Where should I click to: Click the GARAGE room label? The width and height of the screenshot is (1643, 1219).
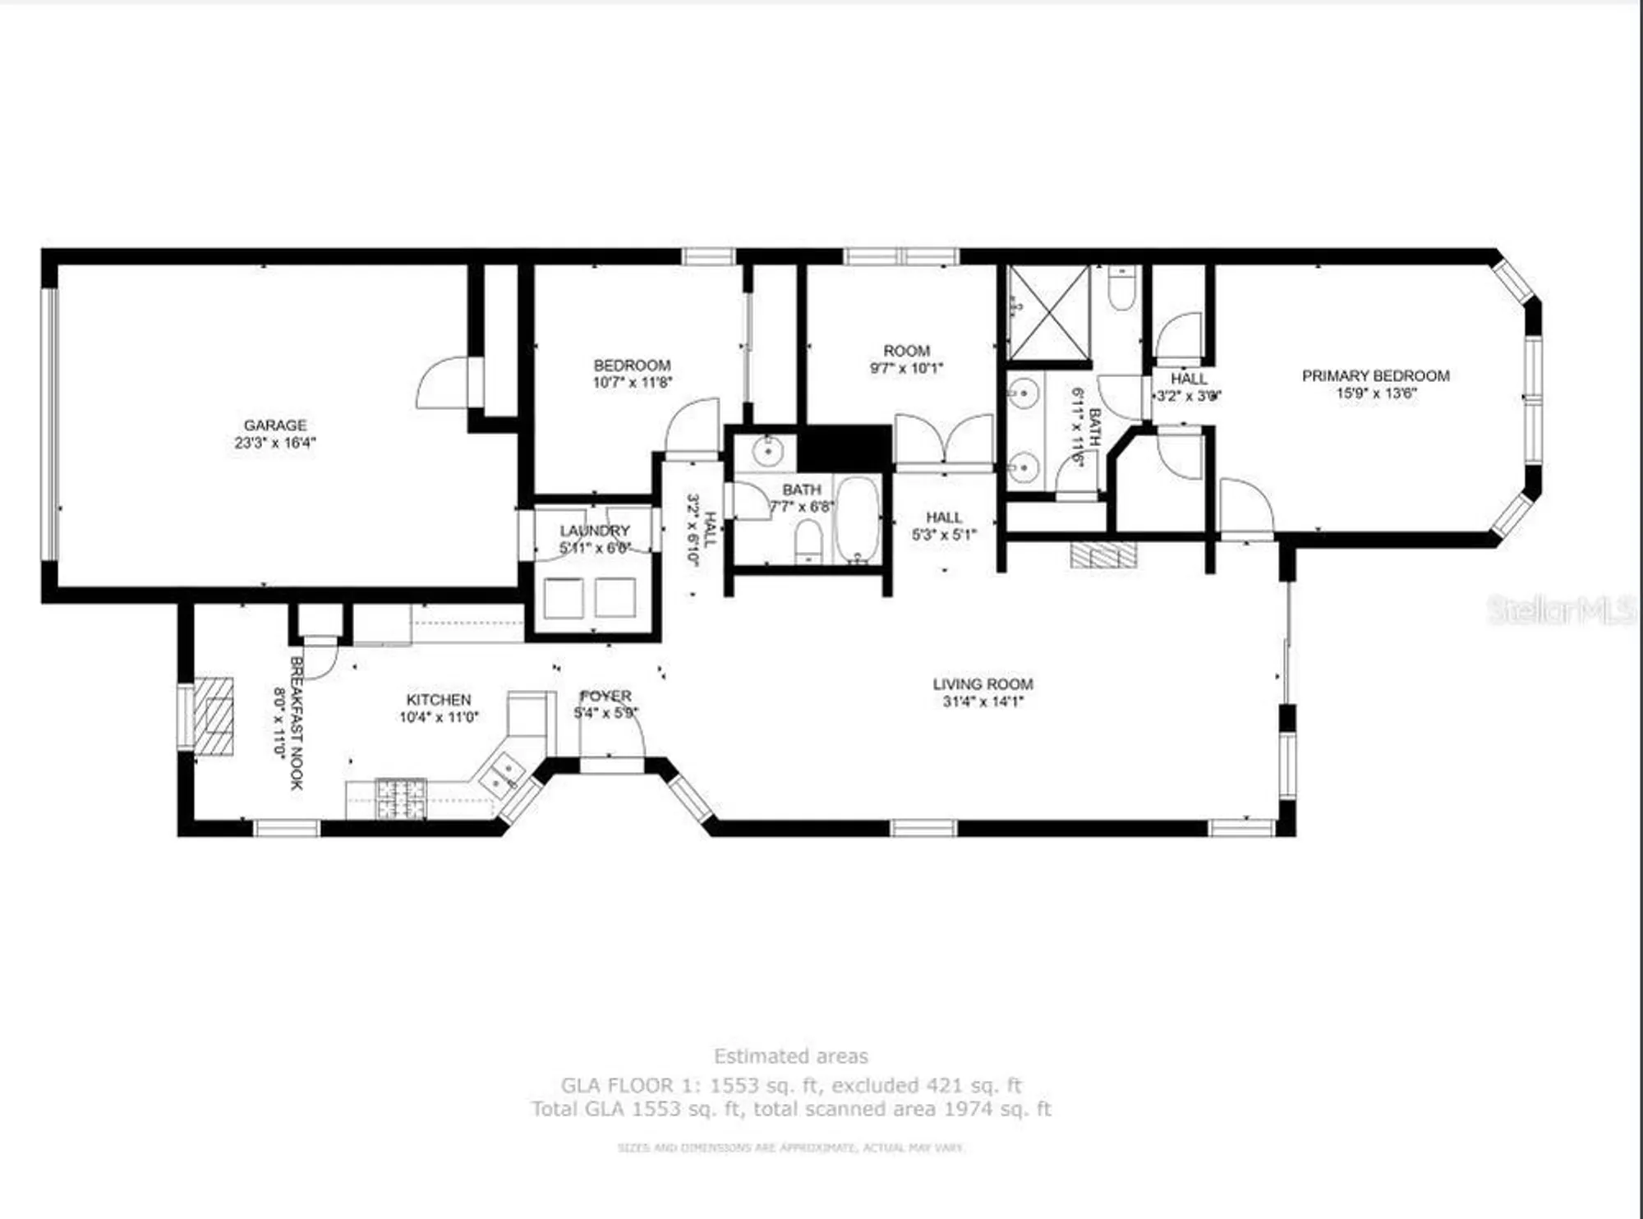click(274, 425)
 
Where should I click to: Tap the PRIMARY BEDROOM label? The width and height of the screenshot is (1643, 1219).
click(1375, 376)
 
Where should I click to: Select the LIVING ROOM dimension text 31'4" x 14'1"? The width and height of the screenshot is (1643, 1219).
click(983, 701)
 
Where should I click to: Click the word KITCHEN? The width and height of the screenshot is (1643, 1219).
click(439, 700)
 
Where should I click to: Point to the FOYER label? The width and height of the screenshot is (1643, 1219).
click(605, 696)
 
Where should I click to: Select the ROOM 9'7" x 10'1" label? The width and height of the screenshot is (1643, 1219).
click(906, 359)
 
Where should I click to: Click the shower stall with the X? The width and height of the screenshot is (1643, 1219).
click(1048, 312)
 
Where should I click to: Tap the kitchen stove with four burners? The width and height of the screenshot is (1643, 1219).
click(401, 798)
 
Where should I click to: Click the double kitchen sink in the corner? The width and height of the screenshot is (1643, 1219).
click(504, 775)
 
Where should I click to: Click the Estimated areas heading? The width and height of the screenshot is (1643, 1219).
click(790, 1056)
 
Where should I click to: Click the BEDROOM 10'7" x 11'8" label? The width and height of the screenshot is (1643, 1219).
click(632, 373)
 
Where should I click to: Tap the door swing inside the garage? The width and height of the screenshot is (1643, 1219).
click(444, 383)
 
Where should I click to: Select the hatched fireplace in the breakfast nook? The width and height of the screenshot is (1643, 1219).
click(215, 715)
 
